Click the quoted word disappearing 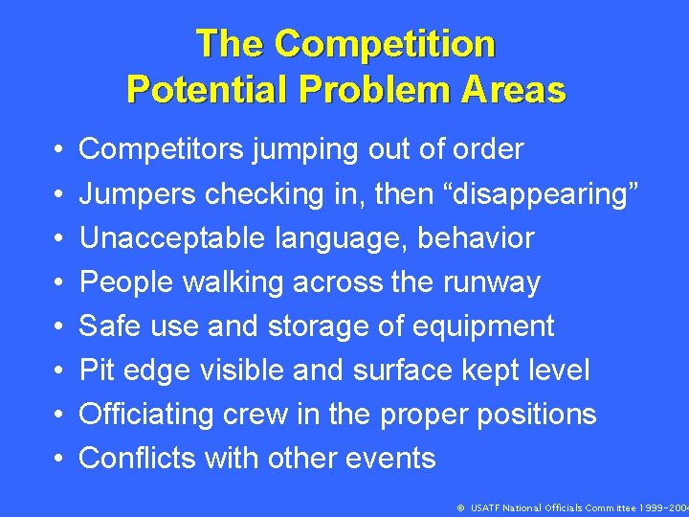tap(545, 194)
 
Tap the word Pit tap(96, 371)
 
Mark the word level tap(560, 371)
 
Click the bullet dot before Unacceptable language tap(59, 238)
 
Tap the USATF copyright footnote tap(572, 507)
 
